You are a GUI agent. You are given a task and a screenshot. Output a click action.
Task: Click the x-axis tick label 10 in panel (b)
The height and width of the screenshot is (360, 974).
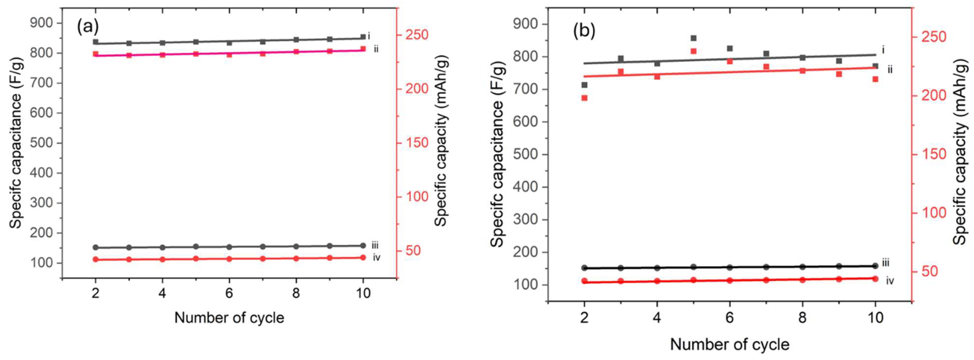[875, 317]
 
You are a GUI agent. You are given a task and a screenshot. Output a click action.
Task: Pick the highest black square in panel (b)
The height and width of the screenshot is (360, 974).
[693, 38]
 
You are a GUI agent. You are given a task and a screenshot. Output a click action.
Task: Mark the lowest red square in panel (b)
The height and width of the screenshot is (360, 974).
[584, 98]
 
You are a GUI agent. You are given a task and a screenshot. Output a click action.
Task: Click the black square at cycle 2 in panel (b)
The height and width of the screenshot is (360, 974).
[584, 85]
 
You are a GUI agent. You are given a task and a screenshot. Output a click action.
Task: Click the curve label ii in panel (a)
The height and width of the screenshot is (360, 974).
[376, 49]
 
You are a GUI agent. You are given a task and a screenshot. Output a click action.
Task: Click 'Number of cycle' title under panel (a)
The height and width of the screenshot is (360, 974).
[229, 318]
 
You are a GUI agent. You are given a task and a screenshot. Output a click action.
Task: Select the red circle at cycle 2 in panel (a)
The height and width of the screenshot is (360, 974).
[96, 259]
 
